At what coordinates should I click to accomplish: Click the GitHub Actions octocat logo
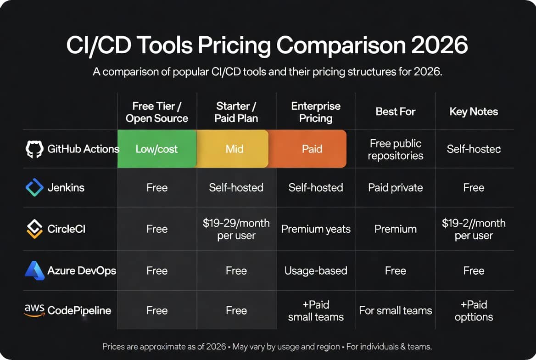click(x=34, y=149)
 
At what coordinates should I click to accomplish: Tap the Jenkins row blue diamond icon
click(x=34, y=187)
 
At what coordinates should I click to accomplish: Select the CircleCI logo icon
click(x=34, y=229)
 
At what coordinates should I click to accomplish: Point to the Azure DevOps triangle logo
click(x=34, y=270)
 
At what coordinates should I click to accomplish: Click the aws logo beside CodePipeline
click(x=34, y=310)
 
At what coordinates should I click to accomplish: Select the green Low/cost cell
click(x=157, y=149)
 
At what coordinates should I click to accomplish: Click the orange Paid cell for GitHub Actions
click(x=307, y=149)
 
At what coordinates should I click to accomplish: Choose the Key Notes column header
click(x=474, y=112)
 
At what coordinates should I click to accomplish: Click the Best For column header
click(x=396, y=112)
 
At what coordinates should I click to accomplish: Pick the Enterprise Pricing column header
click(x=316, y=112)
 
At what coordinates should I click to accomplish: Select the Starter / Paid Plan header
click(x=236, y=112)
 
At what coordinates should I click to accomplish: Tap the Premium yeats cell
click(x=316, y=229)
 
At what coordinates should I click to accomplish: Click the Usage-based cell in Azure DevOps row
click(x=316, y=270)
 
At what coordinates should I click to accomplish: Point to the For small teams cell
click(x=396, y=310)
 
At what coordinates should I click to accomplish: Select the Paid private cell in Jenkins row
click(x=396, y=187)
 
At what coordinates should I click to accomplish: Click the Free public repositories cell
click(x=396, y=149)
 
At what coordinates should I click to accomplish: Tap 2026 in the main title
click(x=439, y=45)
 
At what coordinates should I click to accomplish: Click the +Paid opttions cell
click(x=474, y=311)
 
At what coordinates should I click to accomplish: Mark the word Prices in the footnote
click(x=113, y=347)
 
